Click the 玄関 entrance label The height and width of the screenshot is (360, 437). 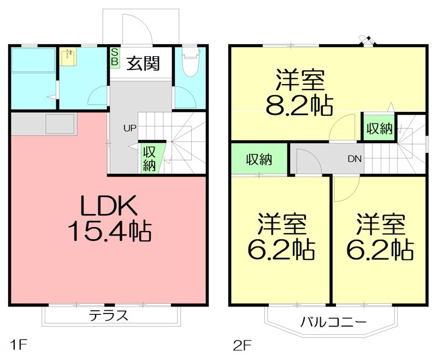pyautogui.click(x=144, y=63)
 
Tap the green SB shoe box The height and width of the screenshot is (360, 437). pyautogui.click(x=115, y=56)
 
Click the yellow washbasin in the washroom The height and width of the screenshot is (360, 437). pyautogui.click(x=69, y=57)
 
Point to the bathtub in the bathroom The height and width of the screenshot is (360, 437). pyautogui.click(x=33, y=60)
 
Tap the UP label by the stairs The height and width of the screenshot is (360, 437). pyautogui.click(x=129, y=129)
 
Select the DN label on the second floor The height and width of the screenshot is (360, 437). pyautogui.click(x=355, y=159)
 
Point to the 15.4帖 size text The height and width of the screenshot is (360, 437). pyautogui.click(x=109, y=232)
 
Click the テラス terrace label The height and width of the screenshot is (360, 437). pyautogui.click(x=109, y=315)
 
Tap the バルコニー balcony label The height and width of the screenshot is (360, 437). pyautogui.click(x=333, y=321)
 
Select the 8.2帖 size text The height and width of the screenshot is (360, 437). pyautogui.click(x=299, y=106)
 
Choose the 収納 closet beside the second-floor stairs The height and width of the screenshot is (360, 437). pyautogui.click(x=379, y=129)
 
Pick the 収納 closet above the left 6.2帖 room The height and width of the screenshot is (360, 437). pyautogui.click(x=258, y=160)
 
